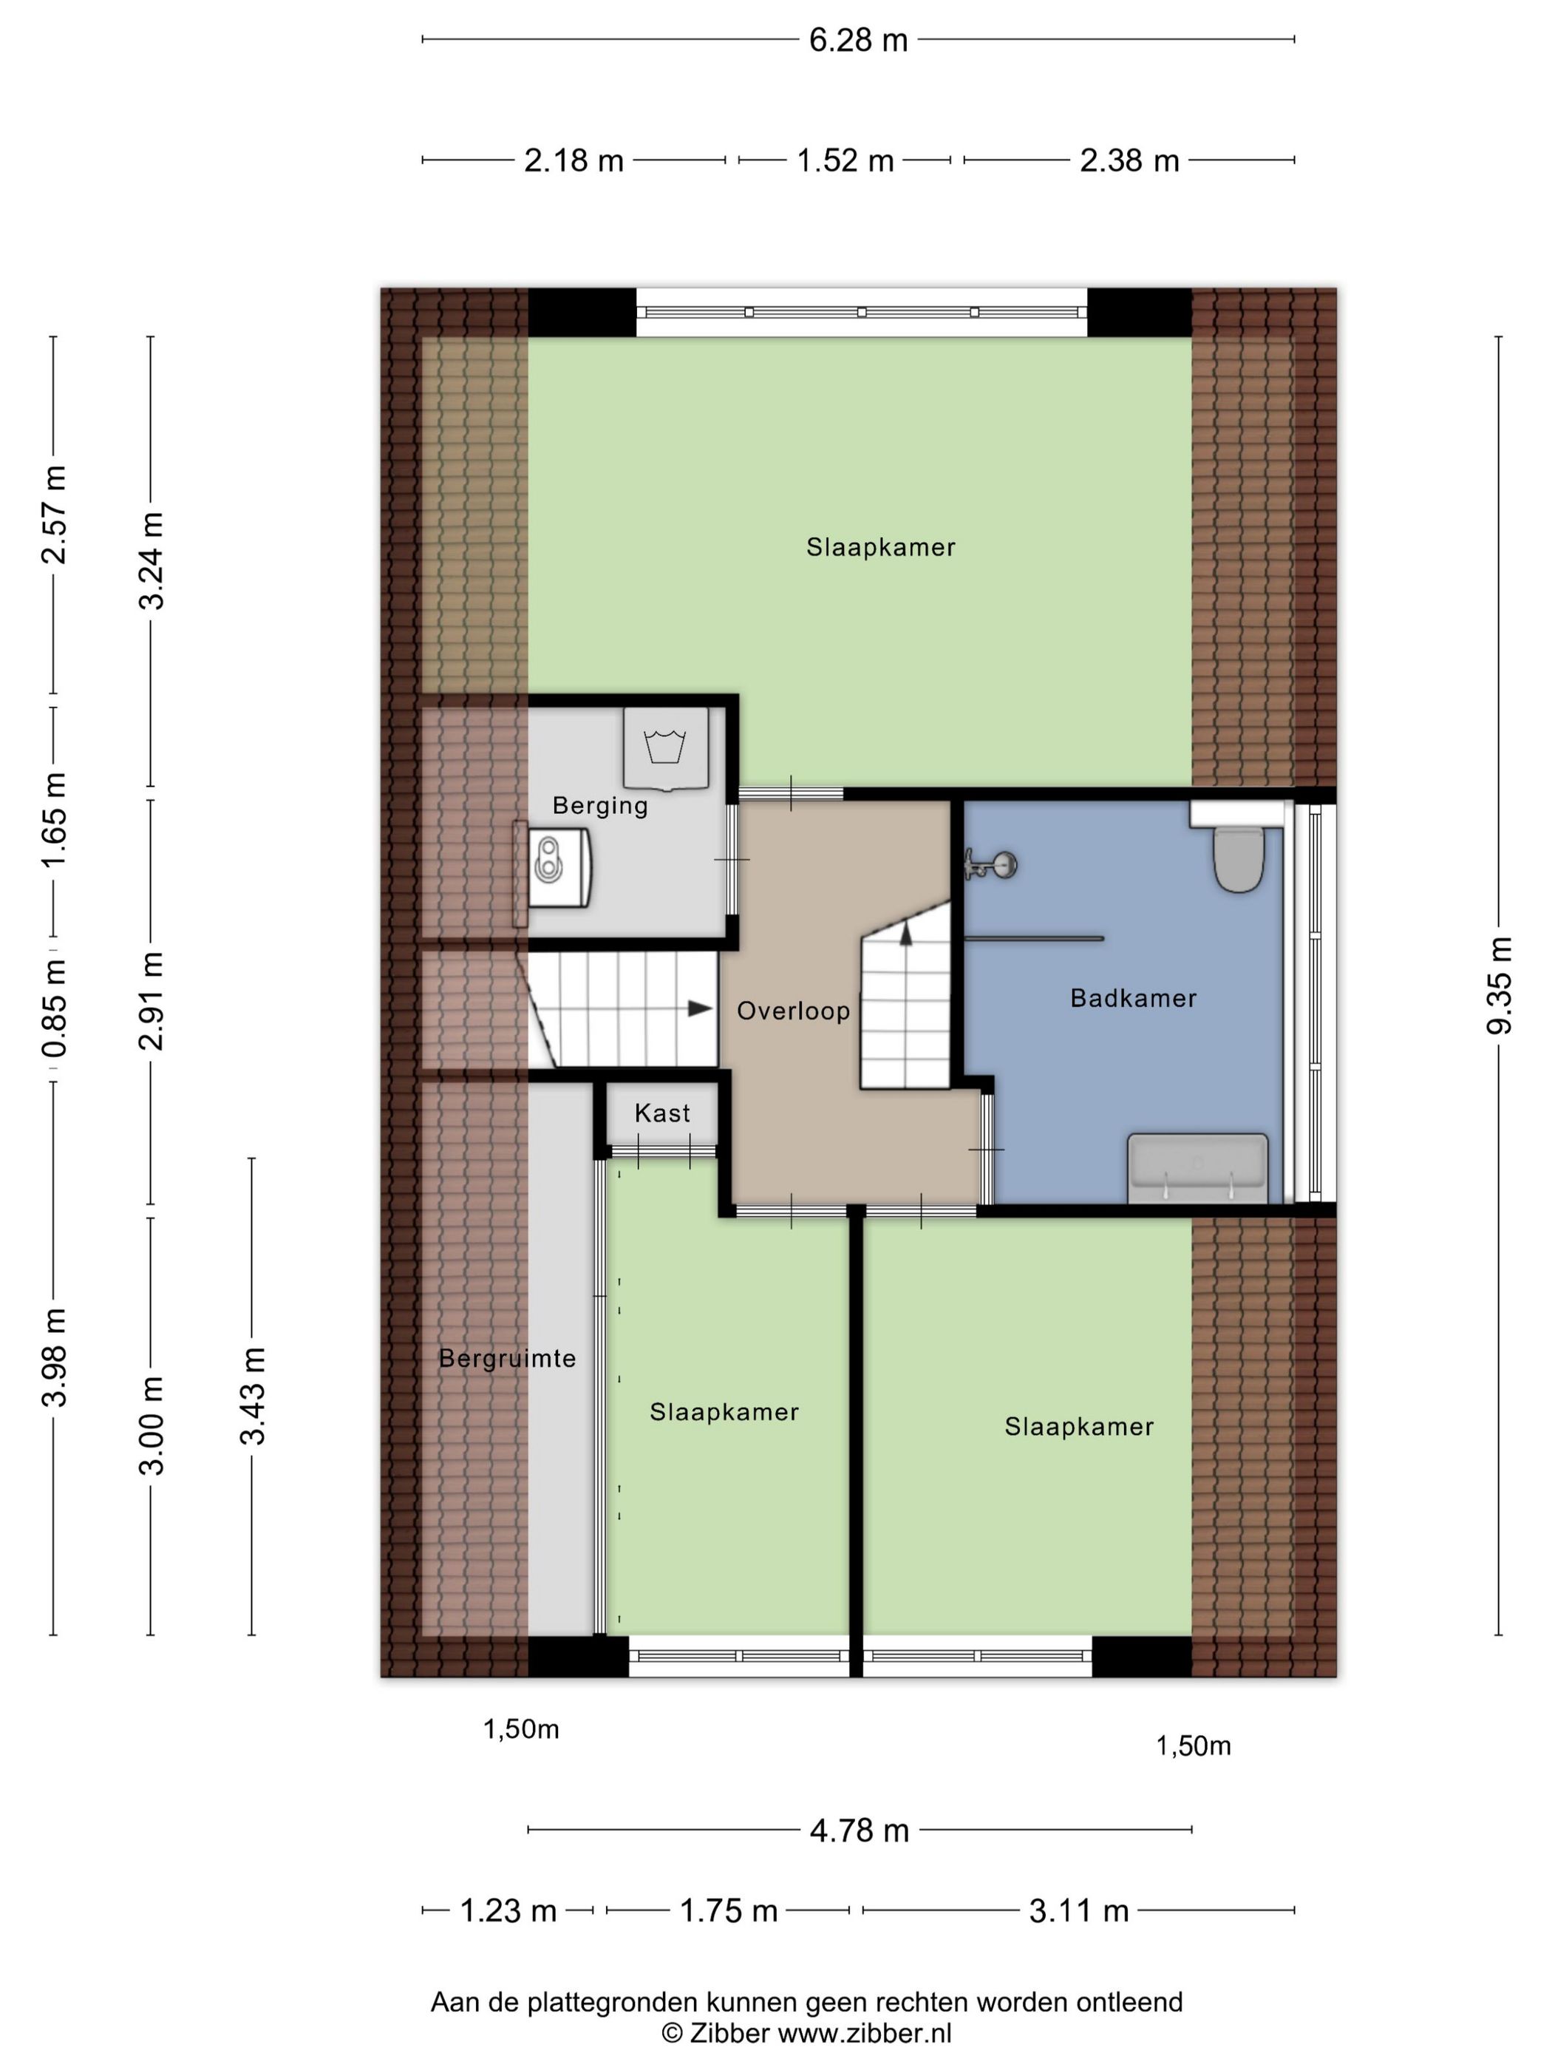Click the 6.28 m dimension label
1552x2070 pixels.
[x=858, y=40]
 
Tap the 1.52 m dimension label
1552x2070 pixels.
[x=845, y=161]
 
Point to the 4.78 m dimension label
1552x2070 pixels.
[x=859, y=1830]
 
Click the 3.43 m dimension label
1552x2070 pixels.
[x=253, y=1397]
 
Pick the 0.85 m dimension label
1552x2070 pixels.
[x=54, y=1008]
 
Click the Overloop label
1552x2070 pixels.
[x=793, y=1011]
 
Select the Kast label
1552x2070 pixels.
[x=662, y=1113]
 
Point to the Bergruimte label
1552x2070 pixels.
[x=507, y=1359]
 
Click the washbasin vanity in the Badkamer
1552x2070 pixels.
[x=1197, y=1168]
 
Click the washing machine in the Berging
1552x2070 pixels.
[x=665, y=747]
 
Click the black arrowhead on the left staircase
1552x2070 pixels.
[x=700, y=1008]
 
